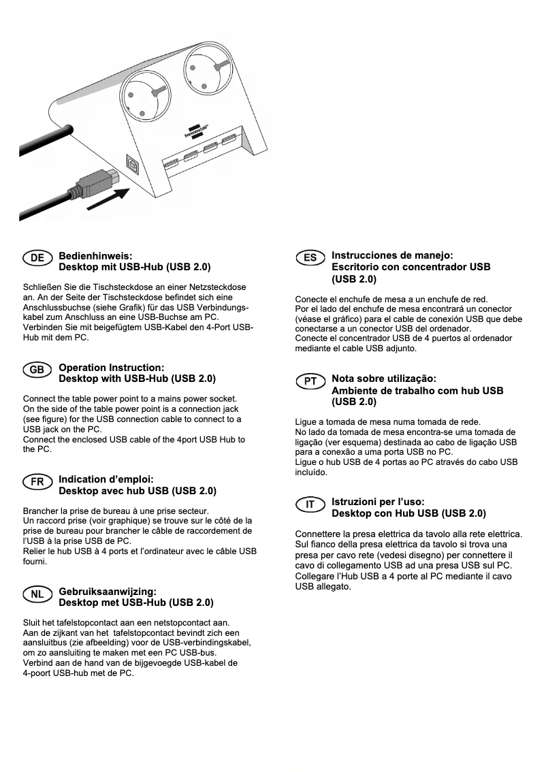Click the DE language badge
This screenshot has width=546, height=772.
coord(37,257)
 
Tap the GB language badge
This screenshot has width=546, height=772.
coord(37,369)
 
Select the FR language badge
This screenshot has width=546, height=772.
coord(37,481)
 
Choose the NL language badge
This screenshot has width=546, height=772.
coord(37,594)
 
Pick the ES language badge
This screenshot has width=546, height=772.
coord(310,257)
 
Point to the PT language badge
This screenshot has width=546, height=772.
coord(310,381)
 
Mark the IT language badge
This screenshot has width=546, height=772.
coord(310,504)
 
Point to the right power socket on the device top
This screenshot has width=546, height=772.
coord(208,66)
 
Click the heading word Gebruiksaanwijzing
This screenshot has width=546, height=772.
coord(108,591)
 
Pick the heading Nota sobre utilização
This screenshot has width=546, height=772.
coord(383,379)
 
